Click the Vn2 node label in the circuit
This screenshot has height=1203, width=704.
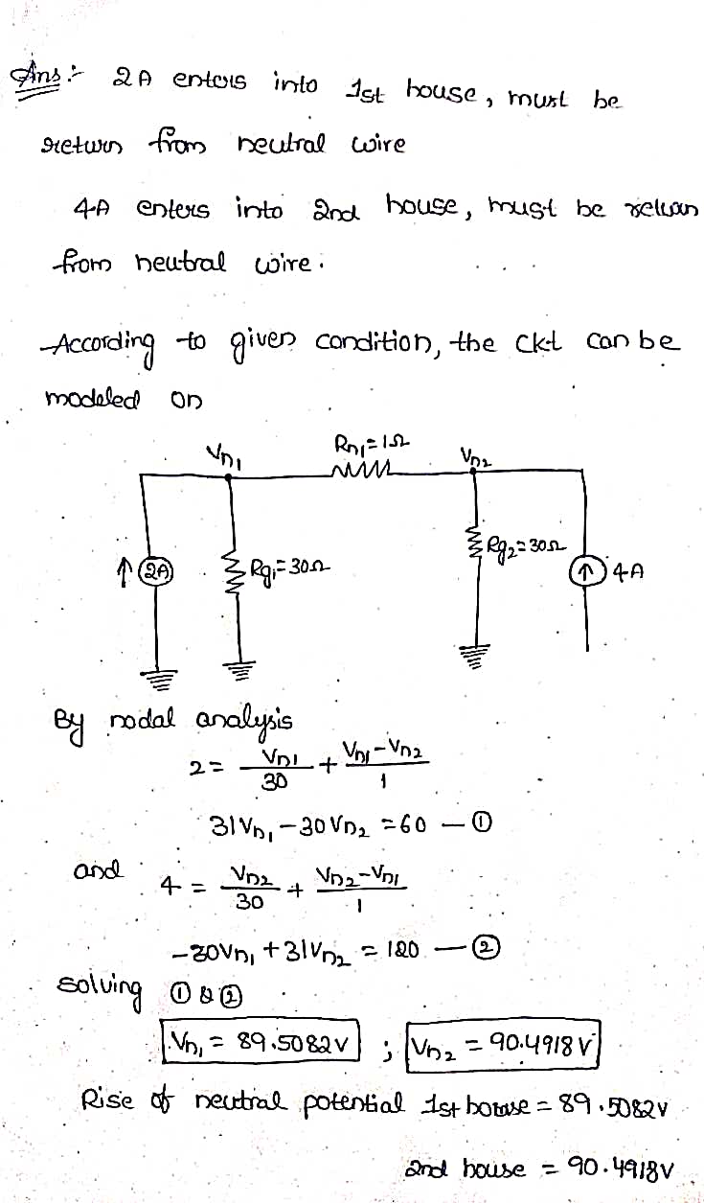tap(475, 456)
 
